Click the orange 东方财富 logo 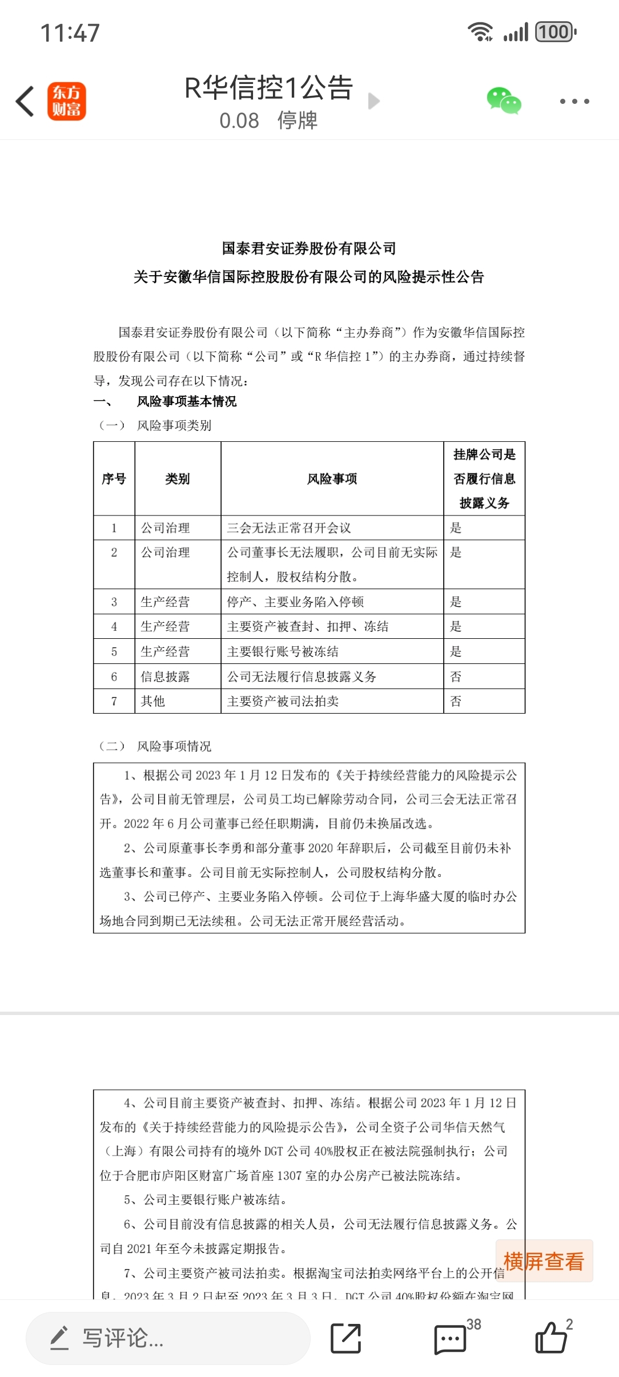[x=67, y=101]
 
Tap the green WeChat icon [x=504, y=101]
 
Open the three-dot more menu [x=574, y=101]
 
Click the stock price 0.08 [x=239, y=120]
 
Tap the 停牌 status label [x=297, y=120]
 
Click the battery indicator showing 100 [x=555, y=32]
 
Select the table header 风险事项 [x=332, y=479]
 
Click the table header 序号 [x=114, y=479]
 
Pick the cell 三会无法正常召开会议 [x=289, y=528]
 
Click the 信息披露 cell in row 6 [x=165, y=677]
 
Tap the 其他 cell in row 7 [x=153, y=701]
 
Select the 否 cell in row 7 [x=456, y=701]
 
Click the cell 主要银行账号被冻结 [x=283, y=651]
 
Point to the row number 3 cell [x=114, y=602]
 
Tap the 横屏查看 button [x=544, y=1261]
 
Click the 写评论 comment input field [x=168, y=1338]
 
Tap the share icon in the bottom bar [x=346, y=1338]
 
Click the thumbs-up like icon [x=551, y=1338]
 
